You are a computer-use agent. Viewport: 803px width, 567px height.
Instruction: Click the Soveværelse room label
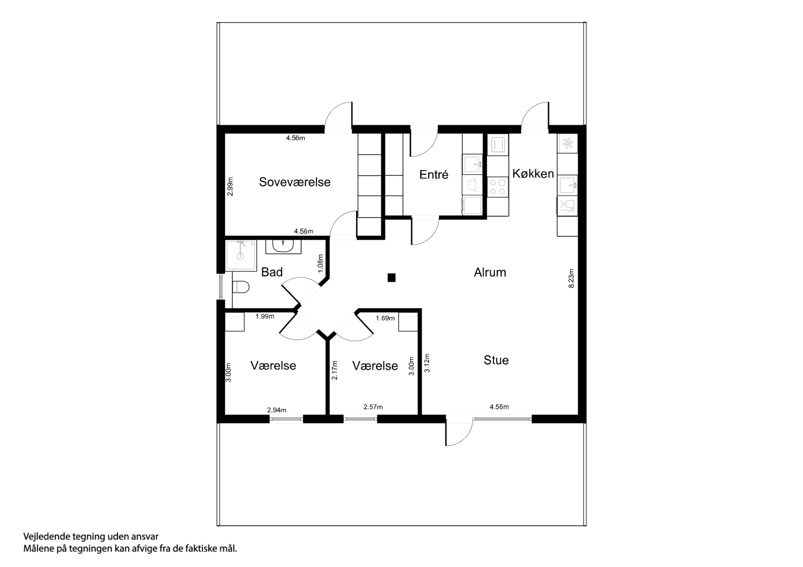click(295, 182)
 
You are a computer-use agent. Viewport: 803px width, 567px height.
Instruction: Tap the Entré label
click(434, 175)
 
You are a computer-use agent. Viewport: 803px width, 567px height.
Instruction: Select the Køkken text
click(533, 174)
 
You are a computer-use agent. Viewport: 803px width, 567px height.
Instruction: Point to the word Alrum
click(490, 272)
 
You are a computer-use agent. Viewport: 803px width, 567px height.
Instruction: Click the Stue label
click(496, 360)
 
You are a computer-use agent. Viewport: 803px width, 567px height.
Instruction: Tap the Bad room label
click(272, 272)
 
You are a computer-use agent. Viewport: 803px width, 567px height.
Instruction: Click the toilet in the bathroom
click(241, 287)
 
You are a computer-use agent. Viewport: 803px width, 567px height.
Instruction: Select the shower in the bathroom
click(241, 255)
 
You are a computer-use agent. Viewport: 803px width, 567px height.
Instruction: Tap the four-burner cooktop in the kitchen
click(498, 187)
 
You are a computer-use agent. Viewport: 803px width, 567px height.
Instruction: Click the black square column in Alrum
click(391, 278)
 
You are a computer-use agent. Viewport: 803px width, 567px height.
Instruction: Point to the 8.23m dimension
click(571, 279)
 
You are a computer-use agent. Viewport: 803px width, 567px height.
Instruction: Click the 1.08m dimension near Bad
click(320, 263)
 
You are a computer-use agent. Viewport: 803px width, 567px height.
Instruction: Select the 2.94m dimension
click(277, 410)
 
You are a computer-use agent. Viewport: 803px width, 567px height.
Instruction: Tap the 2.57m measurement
click(373, 407)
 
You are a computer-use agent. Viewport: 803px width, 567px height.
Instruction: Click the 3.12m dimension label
click(427, 363)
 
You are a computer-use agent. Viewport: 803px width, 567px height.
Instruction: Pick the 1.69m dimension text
click(385, 318)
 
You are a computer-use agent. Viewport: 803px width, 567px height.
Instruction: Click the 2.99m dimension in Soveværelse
click(230, 186)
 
